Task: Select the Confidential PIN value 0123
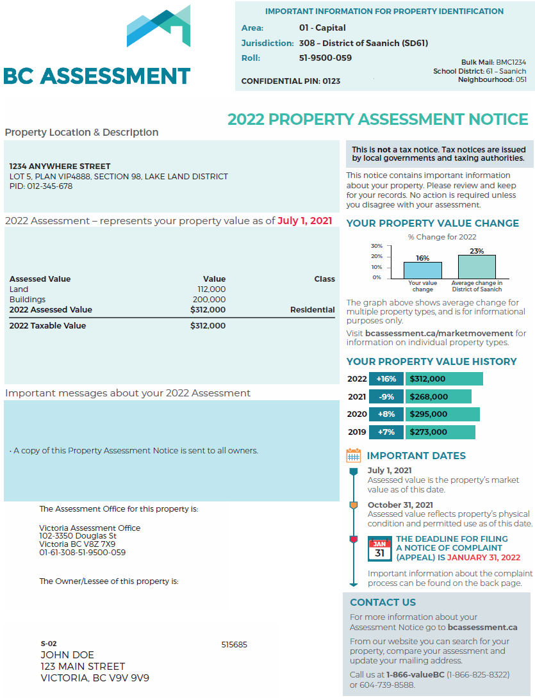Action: [x=331, y=81]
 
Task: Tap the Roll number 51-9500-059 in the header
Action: [x=325, y=58]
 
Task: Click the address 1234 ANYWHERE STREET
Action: [x=60, y=166]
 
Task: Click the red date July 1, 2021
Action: [x=305, y=221]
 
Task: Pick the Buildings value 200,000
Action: [x=210, y=300]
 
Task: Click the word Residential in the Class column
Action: [x=312, y=310]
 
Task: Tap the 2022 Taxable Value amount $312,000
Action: [x=208, y=326]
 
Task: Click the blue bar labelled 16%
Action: [x=422, y=270]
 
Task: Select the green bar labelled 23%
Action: [x=477, y=266]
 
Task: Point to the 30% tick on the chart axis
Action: [x=376, y=246]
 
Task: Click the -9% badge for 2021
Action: [x=386, y=397]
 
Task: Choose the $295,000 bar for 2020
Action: [x=442, y=414]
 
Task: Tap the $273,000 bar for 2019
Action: [x=440, y=432]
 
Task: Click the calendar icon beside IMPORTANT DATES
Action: [x=353, y=456]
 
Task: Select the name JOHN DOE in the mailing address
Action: [x=67, y=655]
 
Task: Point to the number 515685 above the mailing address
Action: [x=234, y=645]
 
